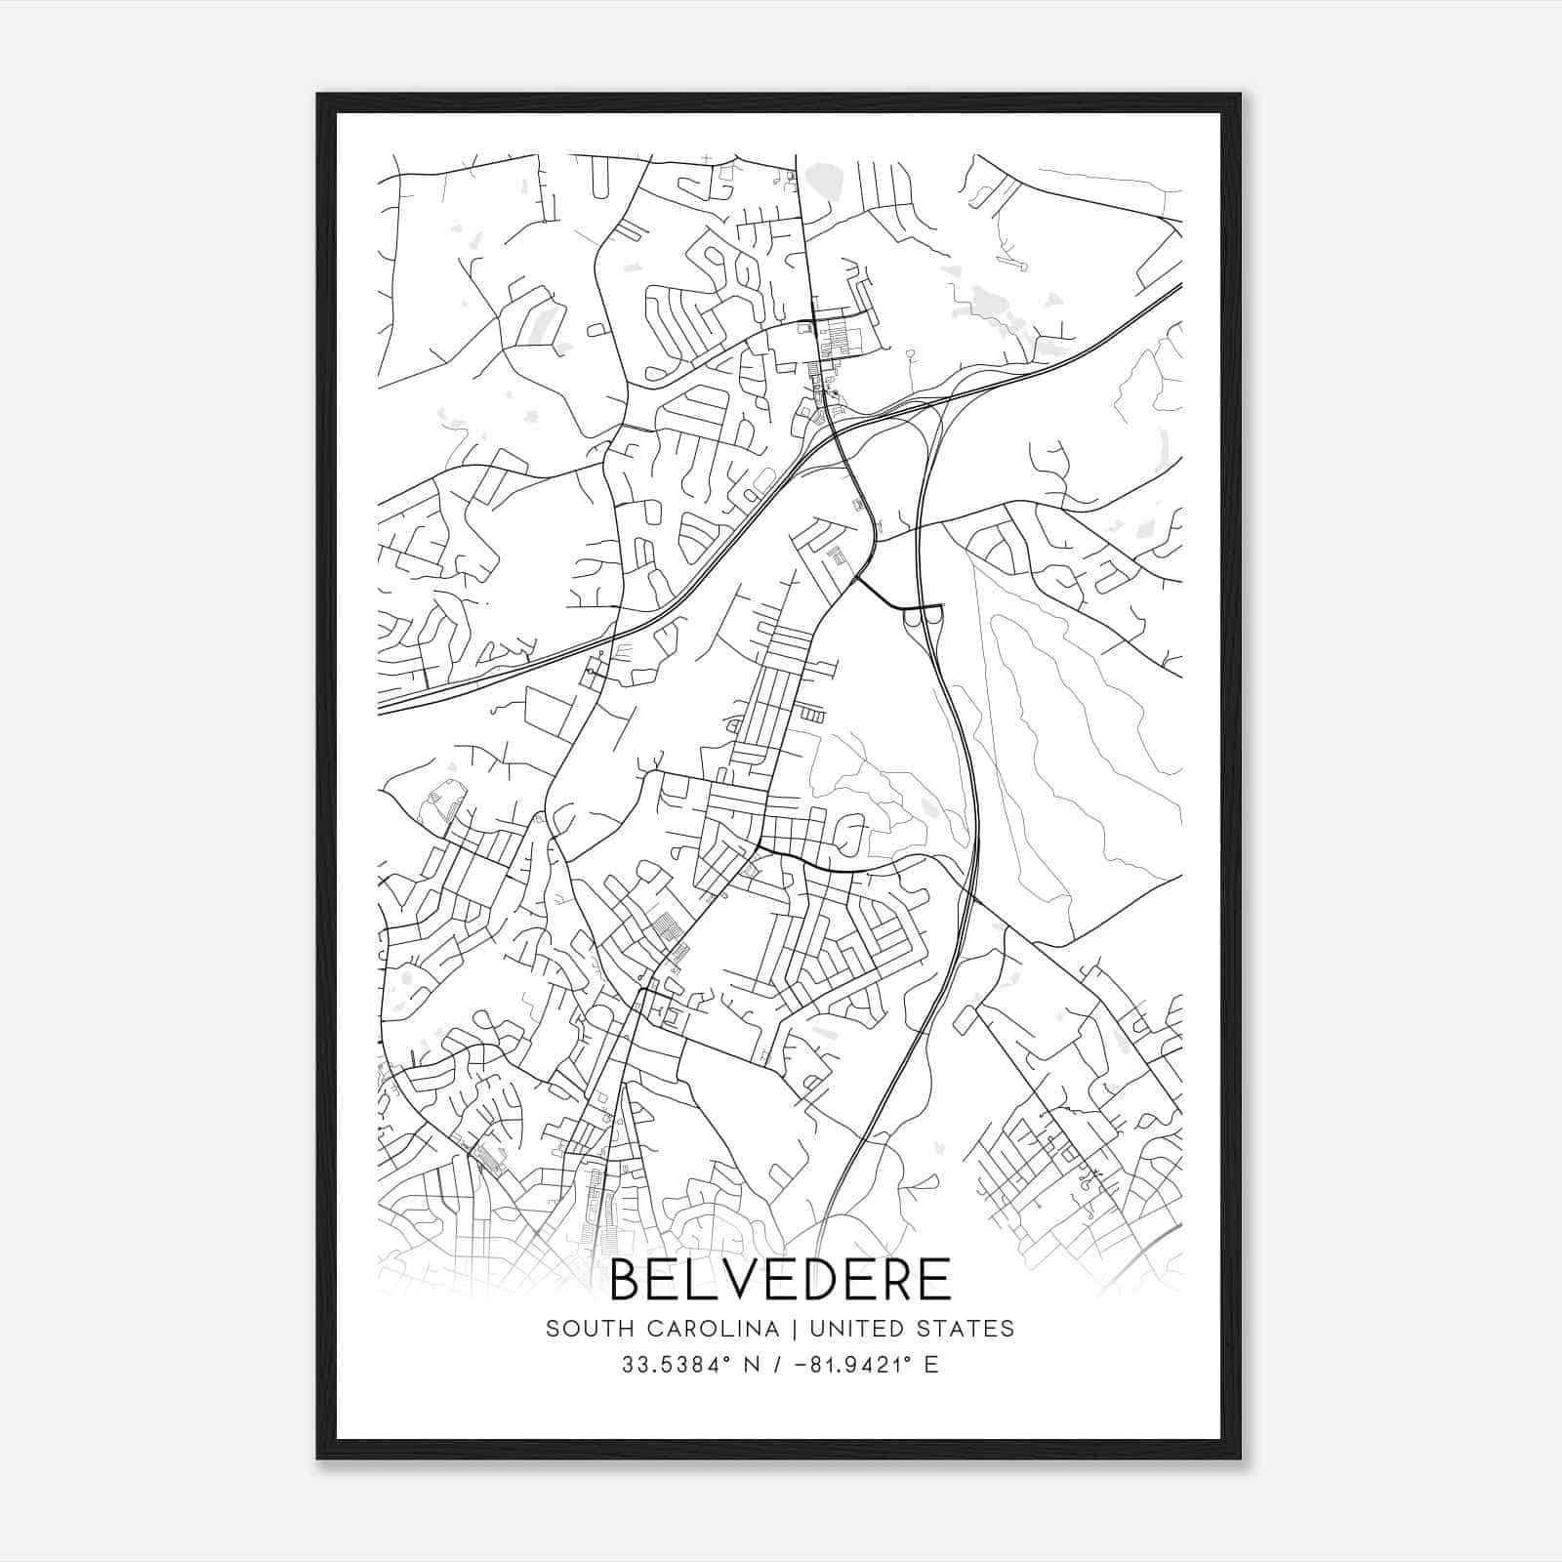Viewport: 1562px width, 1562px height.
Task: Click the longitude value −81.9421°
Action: (x=846, y=1365)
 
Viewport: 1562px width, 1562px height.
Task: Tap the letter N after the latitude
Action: (x=753, y=1365)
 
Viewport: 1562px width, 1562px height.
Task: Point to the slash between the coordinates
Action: (x=777, y=1365)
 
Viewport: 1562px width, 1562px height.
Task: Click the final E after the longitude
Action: (x=931, y=1365)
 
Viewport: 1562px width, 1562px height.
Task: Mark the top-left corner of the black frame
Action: (x=318, y=95)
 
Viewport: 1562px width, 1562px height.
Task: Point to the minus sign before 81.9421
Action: (x=799, y=1365)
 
